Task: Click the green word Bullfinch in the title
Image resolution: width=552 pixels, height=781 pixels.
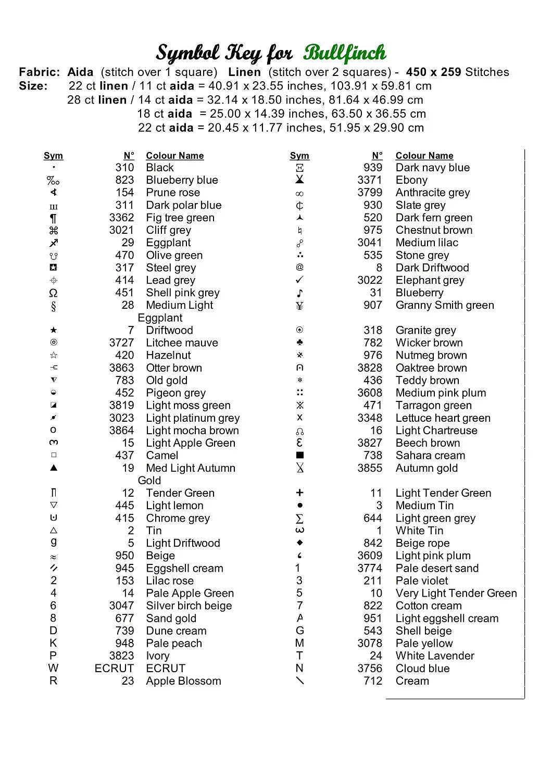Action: click(x=345, y=53)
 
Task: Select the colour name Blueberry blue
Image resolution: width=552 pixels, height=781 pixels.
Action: click(x=182, y=180)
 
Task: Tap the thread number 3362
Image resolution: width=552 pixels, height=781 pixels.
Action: click(x=121, y=218)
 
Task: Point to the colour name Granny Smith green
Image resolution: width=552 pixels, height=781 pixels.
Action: click(x=444, y=305)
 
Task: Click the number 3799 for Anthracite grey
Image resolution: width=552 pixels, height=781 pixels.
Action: click(x=370, y=193)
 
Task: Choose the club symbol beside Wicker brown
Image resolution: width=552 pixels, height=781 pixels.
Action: click(x=299, y=343)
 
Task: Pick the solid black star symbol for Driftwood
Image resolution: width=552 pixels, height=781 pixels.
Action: click(x=54, y=330)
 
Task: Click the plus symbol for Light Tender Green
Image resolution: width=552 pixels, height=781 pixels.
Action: click(x=299, y=493)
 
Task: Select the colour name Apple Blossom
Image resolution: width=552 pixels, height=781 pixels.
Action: click(x=183, y=681)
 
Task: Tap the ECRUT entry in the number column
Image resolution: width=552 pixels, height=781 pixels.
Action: click(x=114, y=669)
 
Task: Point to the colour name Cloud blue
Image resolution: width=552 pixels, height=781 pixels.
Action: click(x=422, y=669)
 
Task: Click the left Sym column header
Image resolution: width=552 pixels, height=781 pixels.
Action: click(x=53, y=156)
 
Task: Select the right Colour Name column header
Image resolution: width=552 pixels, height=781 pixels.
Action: click(x=424, y=156)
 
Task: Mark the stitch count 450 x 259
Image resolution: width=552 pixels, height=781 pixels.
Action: click(x=434, y=72)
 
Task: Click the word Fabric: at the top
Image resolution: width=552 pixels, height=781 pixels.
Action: click(x=40, y=72)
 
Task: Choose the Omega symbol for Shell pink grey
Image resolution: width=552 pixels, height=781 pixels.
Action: click(x=53, y=293)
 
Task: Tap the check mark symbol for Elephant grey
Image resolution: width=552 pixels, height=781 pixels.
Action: click(x=299, y=280)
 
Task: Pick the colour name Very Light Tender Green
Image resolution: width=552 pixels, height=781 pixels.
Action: click(x=456, y=594)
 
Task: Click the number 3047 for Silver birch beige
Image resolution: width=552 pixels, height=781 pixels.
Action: click(x=121, y=606)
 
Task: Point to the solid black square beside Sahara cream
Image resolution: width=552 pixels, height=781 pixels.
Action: click(x=299, y=455)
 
